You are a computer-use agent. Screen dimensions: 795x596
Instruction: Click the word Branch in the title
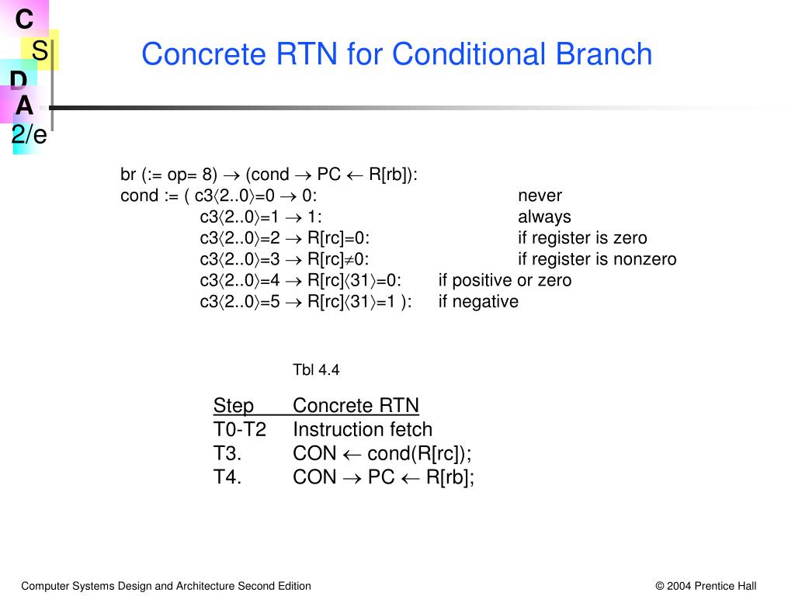tap(604, 54)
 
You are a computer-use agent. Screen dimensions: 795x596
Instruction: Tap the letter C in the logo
tap(24, 19)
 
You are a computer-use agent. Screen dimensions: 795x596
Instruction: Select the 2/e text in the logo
tap(30, 134)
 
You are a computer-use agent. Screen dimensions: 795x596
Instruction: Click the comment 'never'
tap(540, 196)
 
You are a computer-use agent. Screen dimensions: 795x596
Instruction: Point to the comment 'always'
tap(544, 217)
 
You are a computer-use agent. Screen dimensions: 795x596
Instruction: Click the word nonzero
tap(645, 259)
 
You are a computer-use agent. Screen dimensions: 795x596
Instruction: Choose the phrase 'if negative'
tap(478, 302)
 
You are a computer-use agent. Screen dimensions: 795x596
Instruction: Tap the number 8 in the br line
tap(207, 175)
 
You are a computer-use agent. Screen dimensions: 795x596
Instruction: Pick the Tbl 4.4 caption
tap(316, 370)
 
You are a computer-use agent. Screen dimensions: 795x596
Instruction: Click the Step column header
tap(234, 405)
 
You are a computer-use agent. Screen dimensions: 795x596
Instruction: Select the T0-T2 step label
tap(240, 430)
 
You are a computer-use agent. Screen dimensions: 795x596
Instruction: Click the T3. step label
tap(227, 453)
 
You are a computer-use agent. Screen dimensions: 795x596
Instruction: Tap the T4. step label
tap(227, 477)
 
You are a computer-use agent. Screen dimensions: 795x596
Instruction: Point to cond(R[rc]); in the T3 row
tap(419, 454)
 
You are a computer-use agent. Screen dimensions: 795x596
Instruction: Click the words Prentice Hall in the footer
tap(725, 586)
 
